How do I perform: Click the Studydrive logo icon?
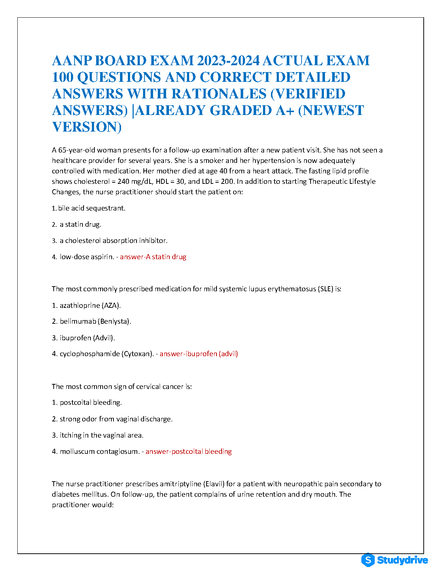[x=368, y=560]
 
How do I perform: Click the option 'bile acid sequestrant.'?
[x=92, y=208]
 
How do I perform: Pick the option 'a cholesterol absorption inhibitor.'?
[x=113, y=240]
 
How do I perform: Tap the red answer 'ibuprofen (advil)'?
[x=199, y=354]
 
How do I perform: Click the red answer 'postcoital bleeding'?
[x=188, y=451]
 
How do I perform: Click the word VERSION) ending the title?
[x=87, y=127]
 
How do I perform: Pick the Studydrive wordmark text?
[x=402, y=560]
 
